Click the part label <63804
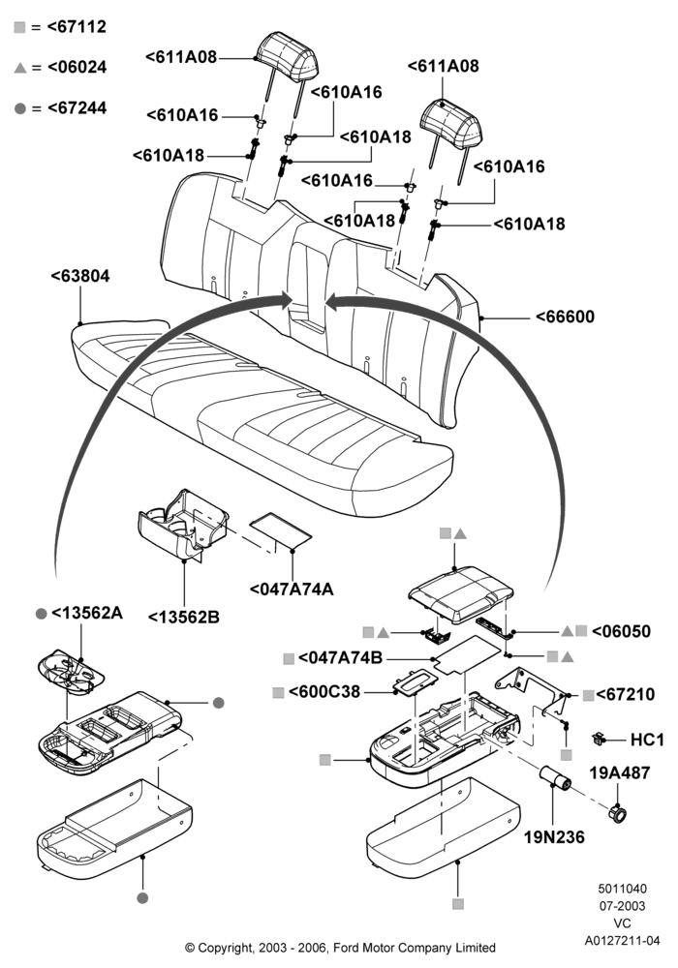coord(80,276)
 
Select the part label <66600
coord(565,317)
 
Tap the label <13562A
coord(87,613)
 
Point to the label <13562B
coord(184,617)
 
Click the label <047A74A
coord(292,589)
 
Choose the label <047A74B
coord(340,657)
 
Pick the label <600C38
coord(324,691)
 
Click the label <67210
coord(626,694)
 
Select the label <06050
coord(621,631)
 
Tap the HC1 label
coord(647,740)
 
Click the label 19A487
coord(620,772)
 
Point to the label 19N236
coord(554,837)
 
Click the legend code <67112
coord(77,26)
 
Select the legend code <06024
coord(77,67)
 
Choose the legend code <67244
coord(77,107)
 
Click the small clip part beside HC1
coord(597,738)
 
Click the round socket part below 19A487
coord(618,814)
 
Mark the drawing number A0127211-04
coord(623,941)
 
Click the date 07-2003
coord(623,906)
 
